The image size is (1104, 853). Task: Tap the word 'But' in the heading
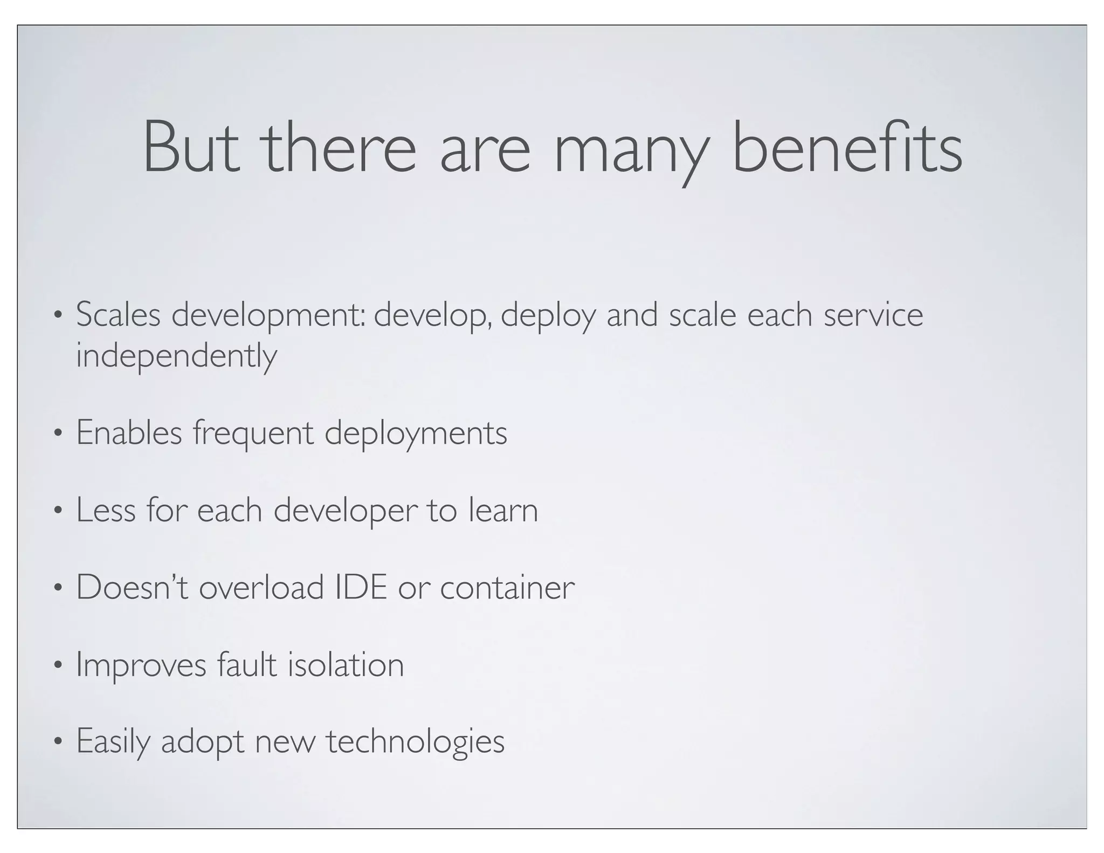pyautogui.click(x=191, y=147)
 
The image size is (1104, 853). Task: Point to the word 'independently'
pyautogui.click(x=176, y=356)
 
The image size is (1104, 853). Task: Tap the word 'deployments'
pyautogui.click(x=416, y=434)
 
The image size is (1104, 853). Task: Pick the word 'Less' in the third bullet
pyautogui.click(x=105, y=510)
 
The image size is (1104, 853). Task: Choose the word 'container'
pyautogui.click(x=507, y=587)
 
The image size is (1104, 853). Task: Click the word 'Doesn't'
pyautogui.click(x=132, y=587)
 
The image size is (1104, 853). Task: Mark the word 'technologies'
pyautogui.click(x=415, y=742)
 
